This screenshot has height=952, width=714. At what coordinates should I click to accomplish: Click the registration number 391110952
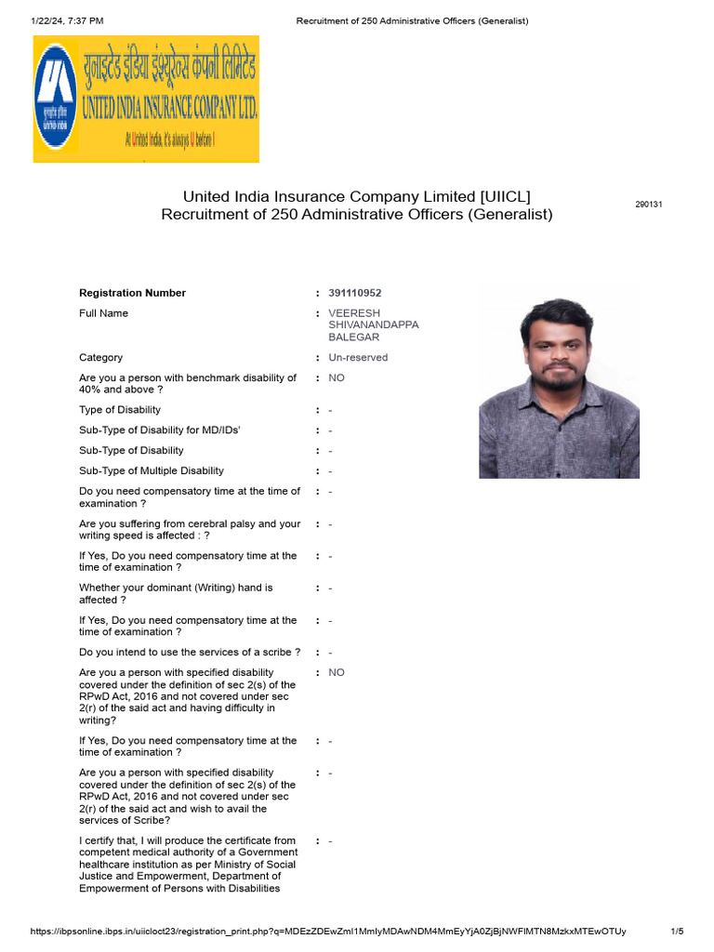point(354,293)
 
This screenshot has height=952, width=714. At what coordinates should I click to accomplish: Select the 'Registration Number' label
point(132,293)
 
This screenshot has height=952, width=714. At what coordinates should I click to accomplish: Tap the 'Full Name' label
point(103,313)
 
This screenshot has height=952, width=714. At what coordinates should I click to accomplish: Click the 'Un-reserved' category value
point(358,358)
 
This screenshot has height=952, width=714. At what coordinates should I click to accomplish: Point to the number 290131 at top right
point(648,205)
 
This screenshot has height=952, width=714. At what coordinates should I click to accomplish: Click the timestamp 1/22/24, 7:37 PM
point(67,20)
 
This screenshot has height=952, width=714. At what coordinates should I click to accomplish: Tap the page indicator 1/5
point(677,932)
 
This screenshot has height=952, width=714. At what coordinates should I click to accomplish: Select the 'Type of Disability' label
point(120,410)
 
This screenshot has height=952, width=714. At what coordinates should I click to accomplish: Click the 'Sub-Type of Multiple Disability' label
point(152,471)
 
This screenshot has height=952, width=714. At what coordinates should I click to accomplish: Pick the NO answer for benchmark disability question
point(337,378)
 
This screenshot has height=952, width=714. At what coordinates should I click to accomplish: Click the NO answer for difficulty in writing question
point(337,672)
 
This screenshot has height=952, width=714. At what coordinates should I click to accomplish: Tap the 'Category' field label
point(100,358)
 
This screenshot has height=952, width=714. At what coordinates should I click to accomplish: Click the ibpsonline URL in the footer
point(328,932)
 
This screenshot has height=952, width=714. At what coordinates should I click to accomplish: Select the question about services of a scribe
point(190,653)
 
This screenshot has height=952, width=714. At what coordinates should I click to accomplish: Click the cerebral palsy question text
point(190,530)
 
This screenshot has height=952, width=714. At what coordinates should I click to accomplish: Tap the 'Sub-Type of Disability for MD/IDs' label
point(160,430)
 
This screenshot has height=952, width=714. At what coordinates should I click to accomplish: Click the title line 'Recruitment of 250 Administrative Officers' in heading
point(356,215)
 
